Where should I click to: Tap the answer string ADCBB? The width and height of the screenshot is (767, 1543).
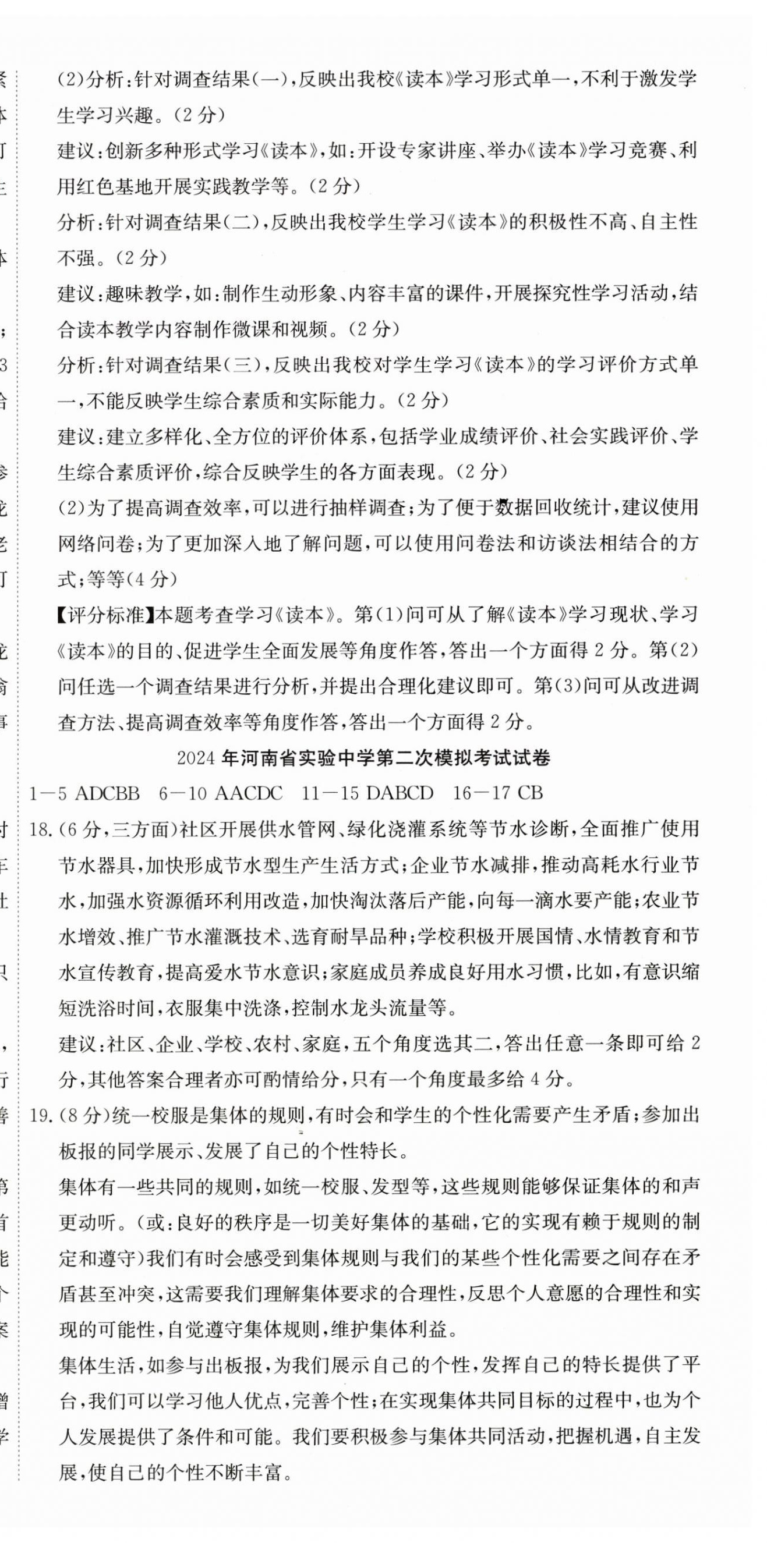pos(108,793)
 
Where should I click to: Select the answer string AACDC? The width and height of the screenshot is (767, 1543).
pos(248,793)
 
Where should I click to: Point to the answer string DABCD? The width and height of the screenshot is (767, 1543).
pos(399,793)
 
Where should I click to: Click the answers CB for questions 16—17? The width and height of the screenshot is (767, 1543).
pos(531,793)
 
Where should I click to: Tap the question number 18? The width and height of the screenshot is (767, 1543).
pos(40,829)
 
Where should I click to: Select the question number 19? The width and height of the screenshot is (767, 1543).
pos(40,1115)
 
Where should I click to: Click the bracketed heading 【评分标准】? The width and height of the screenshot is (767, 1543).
pos(105,615)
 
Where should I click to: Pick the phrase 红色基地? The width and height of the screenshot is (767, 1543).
pos(113,187)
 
